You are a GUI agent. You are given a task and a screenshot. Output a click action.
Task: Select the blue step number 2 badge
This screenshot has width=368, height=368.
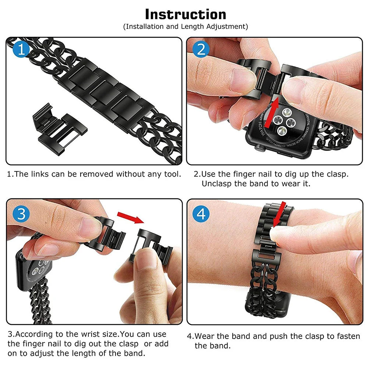coord(201,49)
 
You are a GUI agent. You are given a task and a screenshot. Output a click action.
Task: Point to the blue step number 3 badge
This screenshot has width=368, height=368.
coord(21,213)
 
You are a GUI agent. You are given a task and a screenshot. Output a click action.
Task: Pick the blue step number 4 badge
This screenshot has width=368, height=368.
coord(201,213)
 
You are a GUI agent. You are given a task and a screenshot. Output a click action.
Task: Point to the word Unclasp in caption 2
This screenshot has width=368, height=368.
coord(218,183)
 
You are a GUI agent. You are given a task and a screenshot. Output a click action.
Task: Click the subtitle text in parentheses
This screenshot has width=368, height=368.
coord(185,26)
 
